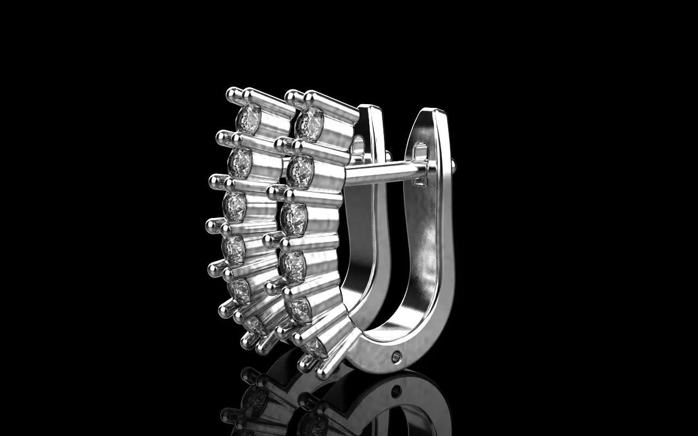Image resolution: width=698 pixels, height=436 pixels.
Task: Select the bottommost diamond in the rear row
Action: (x=253, y=325)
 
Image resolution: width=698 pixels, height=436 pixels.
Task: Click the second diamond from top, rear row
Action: (x=240, y=162)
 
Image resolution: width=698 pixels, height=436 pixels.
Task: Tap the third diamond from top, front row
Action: (x=294, y=219)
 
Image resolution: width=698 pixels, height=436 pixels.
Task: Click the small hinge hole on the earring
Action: (x=396, y=356)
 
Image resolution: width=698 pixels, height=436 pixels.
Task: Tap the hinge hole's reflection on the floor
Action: (x=396, y=390)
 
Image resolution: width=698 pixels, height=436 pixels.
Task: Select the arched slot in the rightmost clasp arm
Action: (x=421, y=149)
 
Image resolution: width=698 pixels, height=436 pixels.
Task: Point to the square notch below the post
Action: (x=419, y=182)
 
